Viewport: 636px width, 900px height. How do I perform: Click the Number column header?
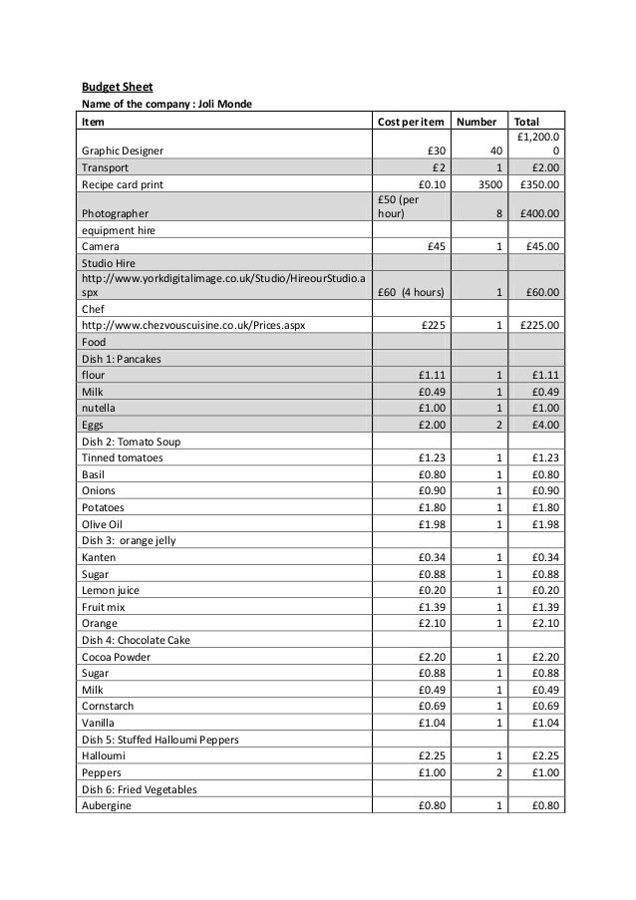click(477, 122)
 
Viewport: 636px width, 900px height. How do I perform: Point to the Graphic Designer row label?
click(125, 150)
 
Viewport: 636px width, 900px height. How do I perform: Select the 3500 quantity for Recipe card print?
click(486, 184)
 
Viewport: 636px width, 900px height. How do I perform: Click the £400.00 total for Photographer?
click(538, 213)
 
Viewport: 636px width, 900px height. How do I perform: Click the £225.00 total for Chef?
click(538, 325)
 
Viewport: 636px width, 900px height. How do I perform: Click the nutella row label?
click(99, 408)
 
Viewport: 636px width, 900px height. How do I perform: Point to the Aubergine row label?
click(106, 806)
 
